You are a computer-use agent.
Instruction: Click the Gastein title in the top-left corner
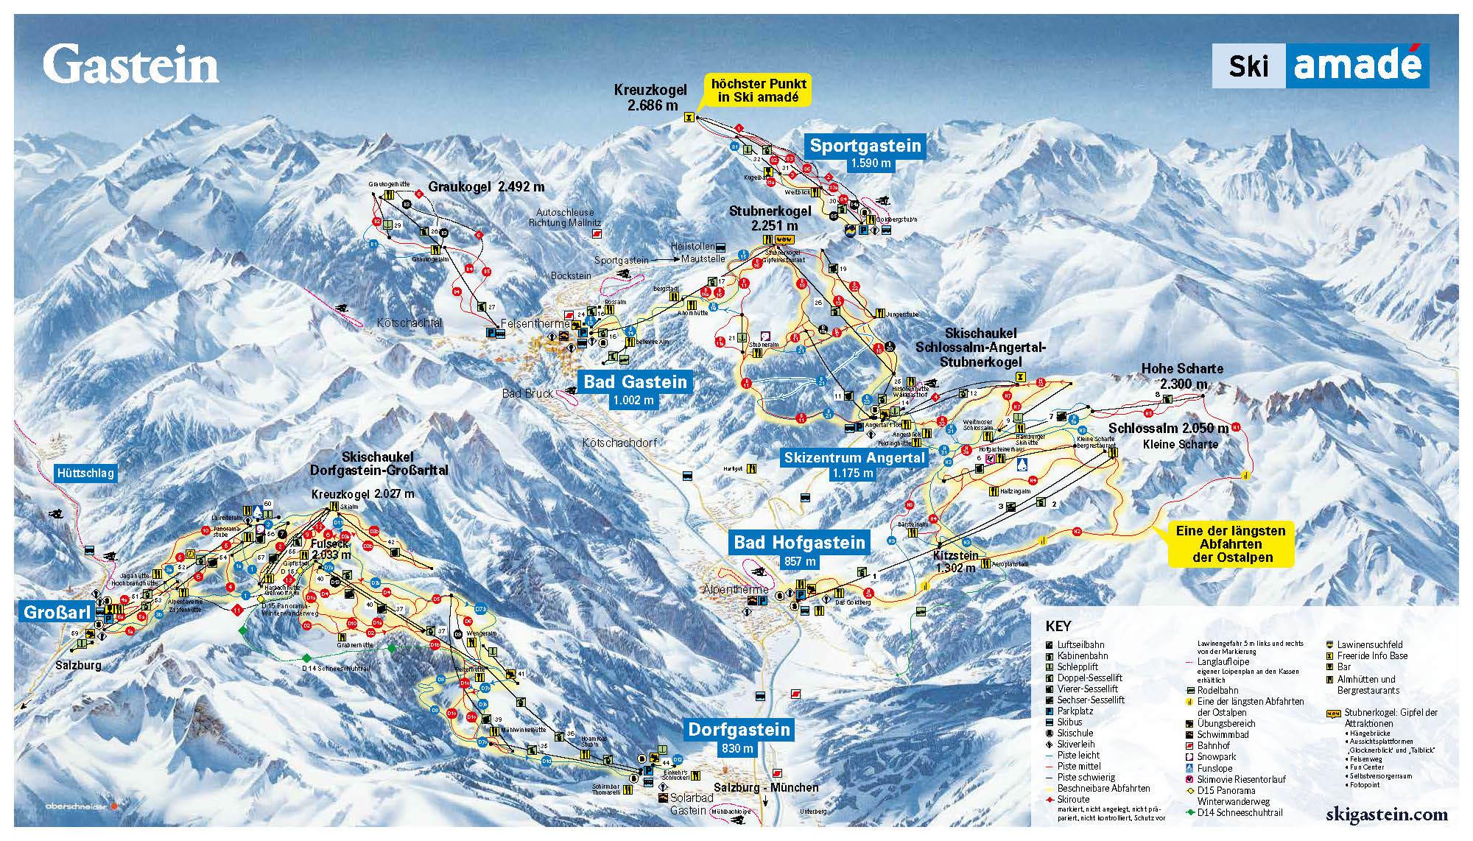[x=130, y=65]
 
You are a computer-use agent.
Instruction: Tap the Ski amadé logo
[x=1320, y=66]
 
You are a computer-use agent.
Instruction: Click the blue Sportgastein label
[x=865, y=146]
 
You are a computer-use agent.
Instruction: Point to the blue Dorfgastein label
[x=739, y=729]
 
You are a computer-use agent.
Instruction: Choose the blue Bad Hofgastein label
[x=799, y=543]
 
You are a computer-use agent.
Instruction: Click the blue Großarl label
[x=57, y=612]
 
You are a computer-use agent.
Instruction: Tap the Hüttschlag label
[x=85, y=473]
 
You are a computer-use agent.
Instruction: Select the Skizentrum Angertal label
[x=854, y=457]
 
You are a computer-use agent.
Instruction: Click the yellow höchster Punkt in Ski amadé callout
[x=758, y=90]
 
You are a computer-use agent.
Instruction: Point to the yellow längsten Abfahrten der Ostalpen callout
[x=1230, y=543]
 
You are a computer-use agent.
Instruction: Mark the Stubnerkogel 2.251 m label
[x=770, y=218]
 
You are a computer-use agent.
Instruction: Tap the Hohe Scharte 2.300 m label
[x=1181, y=376]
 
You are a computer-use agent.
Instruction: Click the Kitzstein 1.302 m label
[x=956, y=561]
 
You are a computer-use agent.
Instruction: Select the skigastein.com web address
[x=1386, y=814]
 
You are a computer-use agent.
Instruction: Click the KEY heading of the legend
[x=1058, y=627]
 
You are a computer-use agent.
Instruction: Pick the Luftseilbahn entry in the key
[x=1080, y=644]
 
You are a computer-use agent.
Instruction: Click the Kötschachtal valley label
[x=409, y=323]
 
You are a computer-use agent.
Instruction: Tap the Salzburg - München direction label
[x=766, y=787]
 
